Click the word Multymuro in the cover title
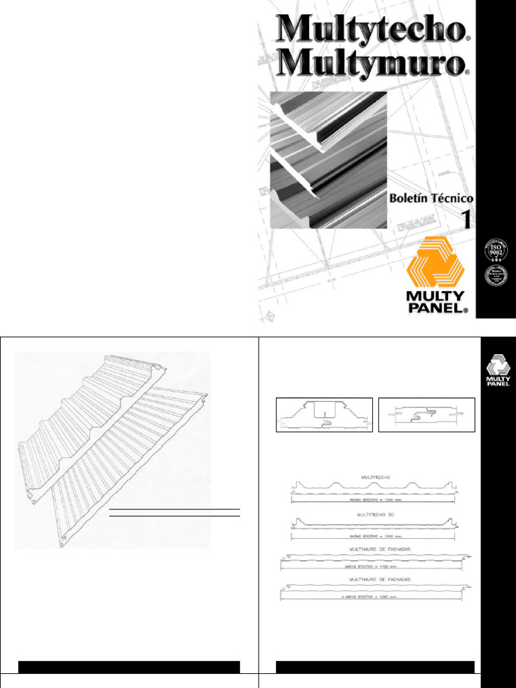coord(369,64)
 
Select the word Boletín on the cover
coord(411,199)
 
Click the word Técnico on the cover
coord(453,199)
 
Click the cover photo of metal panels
coord(329,160)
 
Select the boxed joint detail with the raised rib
coord(325,415)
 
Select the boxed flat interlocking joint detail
coord(427,415)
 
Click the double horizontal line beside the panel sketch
coord(174,513)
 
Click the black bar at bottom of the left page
coord(129,667)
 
